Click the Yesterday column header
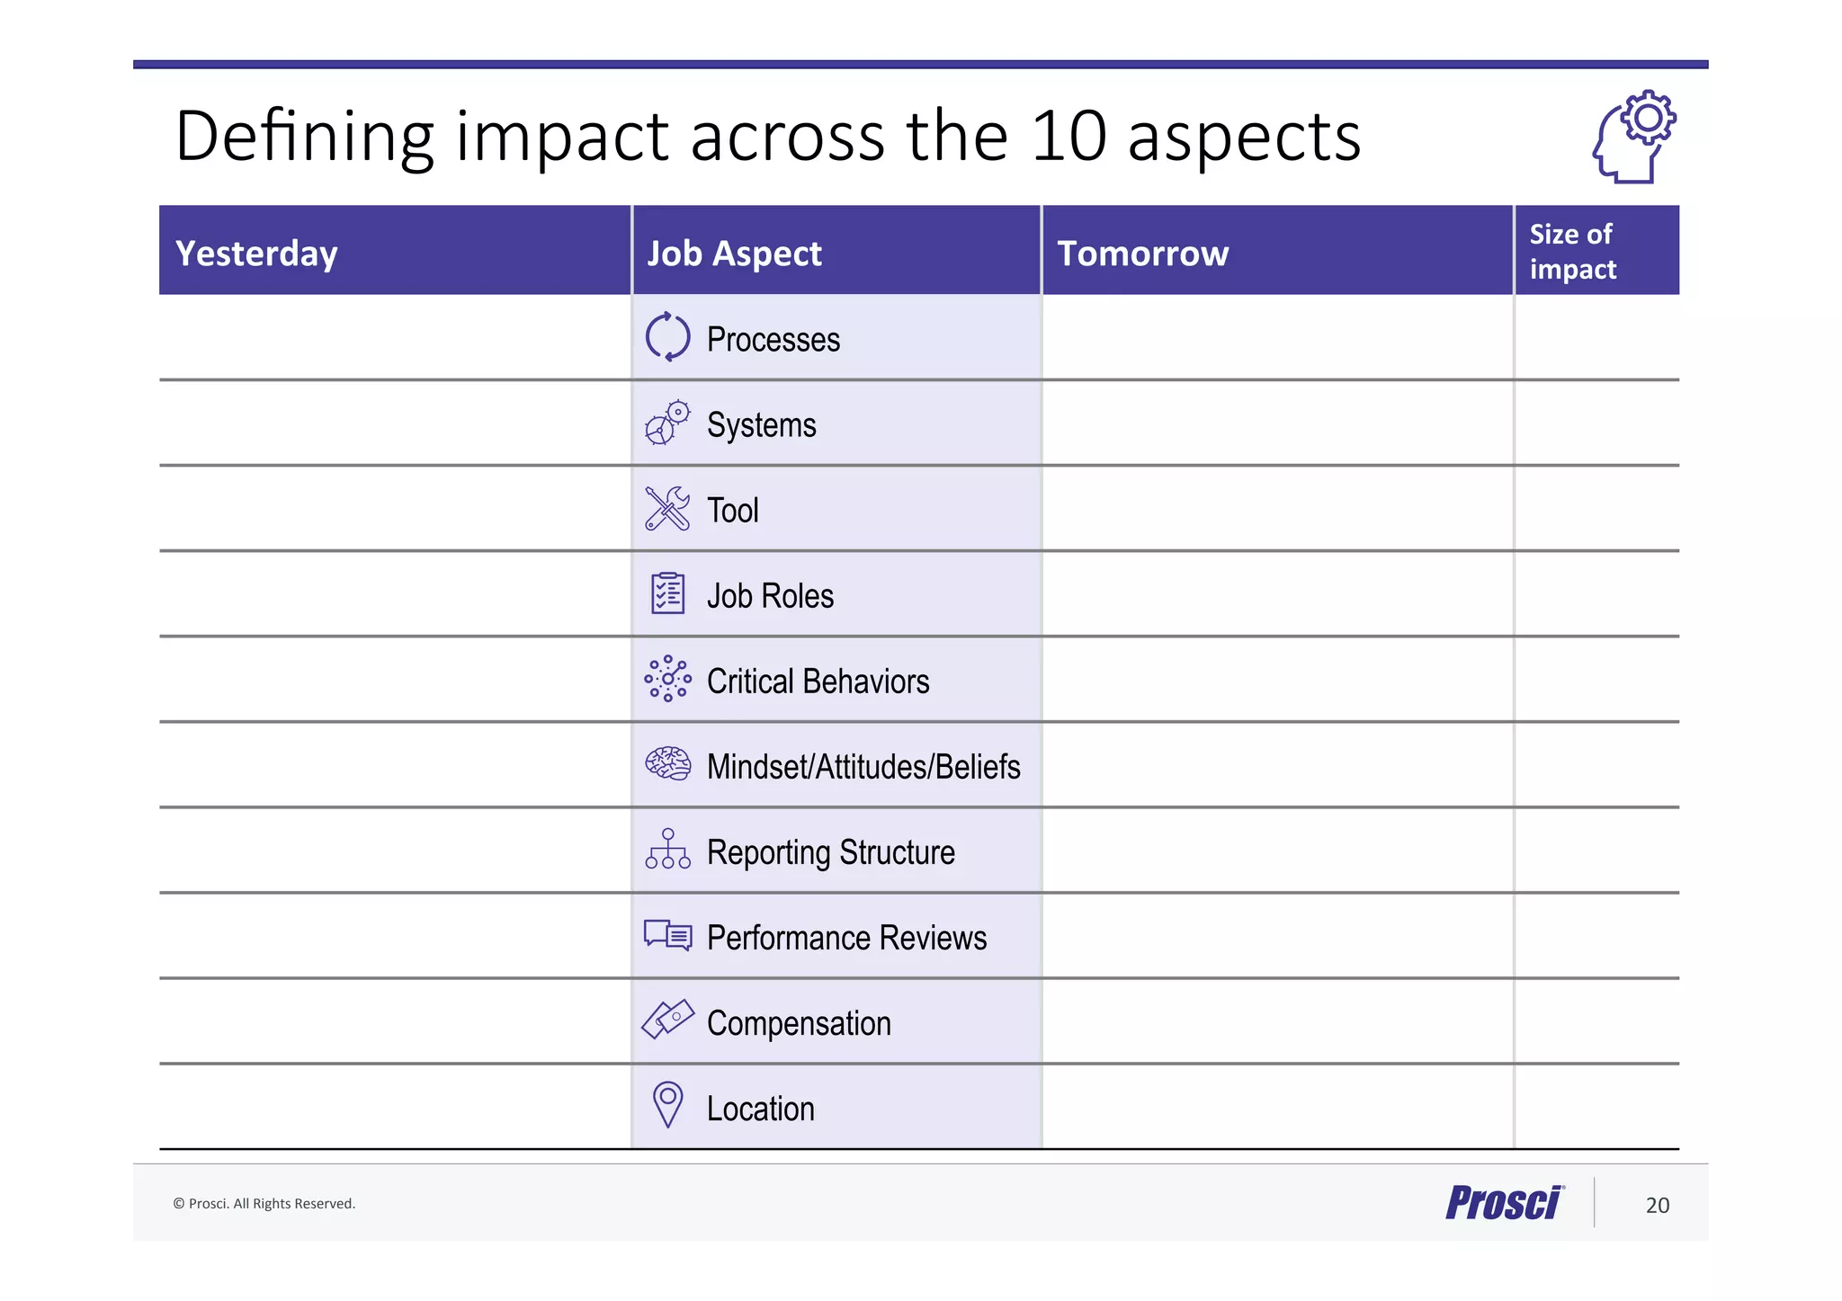tap(256, 254)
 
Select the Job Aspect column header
tap(734, 254)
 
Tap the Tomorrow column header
tap(1142, 254)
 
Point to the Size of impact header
tap(1572, 252)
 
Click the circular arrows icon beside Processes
tap(667, 337)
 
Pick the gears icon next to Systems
tap(667, 423)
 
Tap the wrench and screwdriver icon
tap(667, 509)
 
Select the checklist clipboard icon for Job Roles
tap(667, 593)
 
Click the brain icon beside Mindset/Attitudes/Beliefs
tap(667, 764)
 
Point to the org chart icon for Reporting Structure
tap(667, 850)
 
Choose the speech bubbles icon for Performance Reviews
tap(667, 935)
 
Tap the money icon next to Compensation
tap(667, 1020)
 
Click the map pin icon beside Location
tap(667, 1104)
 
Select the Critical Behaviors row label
tap(818, 682)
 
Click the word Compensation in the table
tap(799, 1023)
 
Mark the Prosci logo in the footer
tap(1505, 1203)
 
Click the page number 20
tap(1657, 1206)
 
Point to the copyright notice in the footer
tap(264, 1204)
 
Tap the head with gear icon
tap(1633, 137)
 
